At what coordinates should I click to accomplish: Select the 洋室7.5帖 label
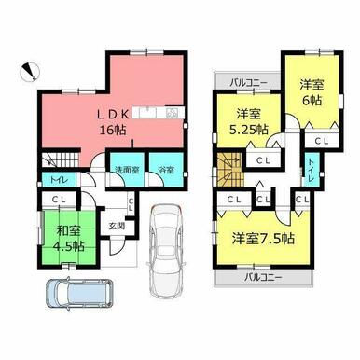click(263, 238)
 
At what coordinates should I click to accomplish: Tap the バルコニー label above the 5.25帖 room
click(248, 83)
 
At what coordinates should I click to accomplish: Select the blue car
click(75, 297)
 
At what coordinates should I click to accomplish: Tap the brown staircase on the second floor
click(228, 171)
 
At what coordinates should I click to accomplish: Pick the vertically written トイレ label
click(310, 170)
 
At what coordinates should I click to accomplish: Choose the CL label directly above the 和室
click(59, 199)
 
